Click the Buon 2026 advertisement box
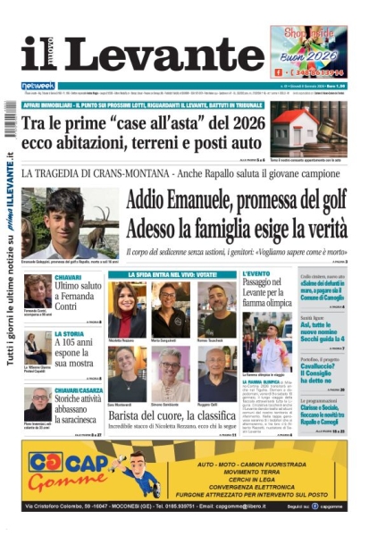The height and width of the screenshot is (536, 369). click(x=308, y=52)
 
